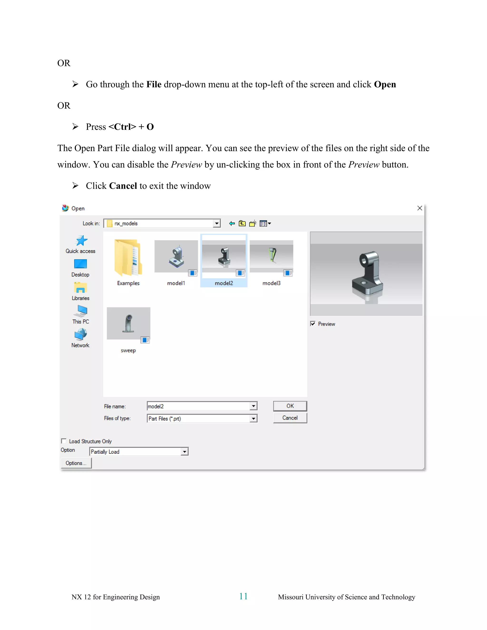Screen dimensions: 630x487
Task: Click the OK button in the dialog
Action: pos(290,406)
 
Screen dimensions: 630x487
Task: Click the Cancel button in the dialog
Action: pos(290,418)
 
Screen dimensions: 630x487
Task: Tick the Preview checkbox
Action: pos(313,324)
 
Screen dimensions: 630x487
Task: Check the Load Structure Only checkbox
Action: pos(64,441)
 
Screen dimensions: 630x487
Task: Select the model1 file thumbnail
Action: pos(176,257)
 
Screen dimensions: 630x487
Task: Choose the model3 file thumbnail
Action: pos(271,257)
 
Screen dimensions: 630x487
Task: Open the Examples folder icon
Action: pos(128,258)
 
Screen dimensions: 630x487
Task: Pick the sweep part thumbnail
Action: pos(128,323)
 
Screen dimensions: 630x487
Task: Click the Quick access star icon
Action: pos(81,241)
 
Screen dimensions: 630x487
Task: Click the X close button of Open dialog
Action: pos(419,208)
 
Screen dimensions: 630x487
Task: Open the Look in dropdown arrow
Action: pos(217,223)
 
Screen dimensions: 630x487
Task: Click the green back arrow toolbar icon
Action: pos(232,223)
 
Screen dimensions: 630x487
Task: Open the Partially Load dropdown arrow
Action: pos(184,452)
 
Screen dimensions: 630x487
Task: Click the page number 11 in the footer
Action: pos(243,596)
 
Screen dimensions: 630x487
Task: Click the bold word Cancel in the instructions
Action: pos(123,186)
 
